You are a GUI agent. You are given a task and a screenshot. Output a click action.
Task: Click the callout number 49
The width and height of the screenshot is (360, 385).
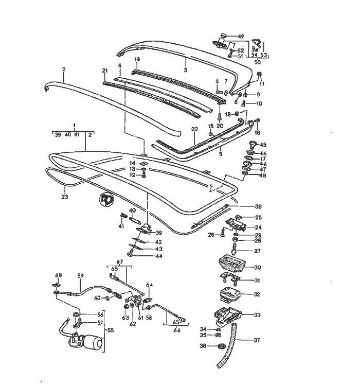click(241, 37)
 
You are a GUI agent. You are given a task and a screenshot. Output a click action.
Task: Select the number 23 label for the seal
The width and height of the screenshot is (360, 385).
click(64, 196)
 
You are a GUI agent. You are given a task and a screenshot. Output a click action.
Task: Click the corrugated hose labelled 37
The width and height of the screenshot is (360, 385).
click(227, 345)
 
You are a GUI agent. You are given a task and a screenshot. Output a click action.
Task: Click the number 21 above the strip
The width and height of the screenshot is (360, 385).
click(104, 71)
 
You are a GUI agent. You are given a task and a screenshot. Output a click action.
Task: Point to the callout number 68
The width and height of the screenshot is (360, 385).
click(58, 275)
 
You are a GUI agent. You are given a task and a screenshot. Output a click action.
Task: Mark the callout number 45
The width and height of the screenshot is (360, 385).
click(263, 145)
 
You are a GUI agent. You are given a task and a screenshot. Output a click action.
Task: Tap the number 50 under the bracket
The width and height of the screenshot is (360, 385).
click(258, 62)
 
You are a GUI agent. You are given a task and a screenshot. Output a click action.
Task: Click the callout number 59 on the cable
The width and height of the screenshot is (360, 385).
click(80, 276)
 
